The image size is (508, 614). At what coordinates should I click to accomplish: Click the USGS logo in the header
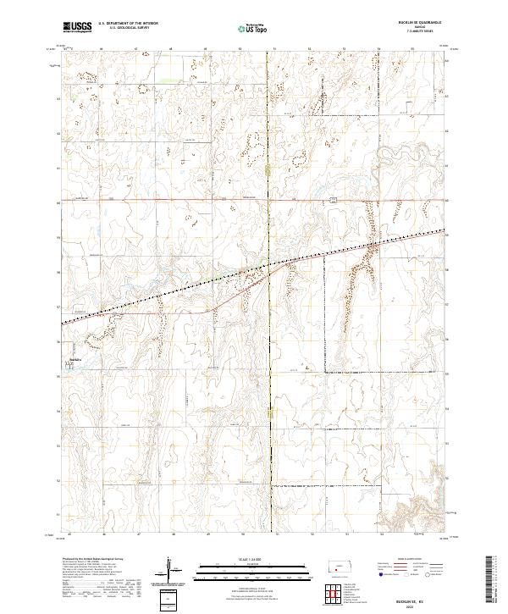click(x=77, y=27)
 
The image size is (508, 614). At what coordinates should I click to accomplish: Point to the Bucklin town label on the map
click(x=75, y=360)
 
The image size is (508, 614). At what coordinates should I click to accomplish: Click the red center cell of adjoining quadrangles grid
click(x=335, y=591)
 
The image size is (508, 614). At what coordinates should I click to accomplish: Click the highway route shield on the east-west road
click(x=334, y=199)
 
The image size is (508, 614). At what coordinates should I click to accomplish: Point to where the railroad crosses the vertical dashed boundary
click(x=269, y=264)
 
